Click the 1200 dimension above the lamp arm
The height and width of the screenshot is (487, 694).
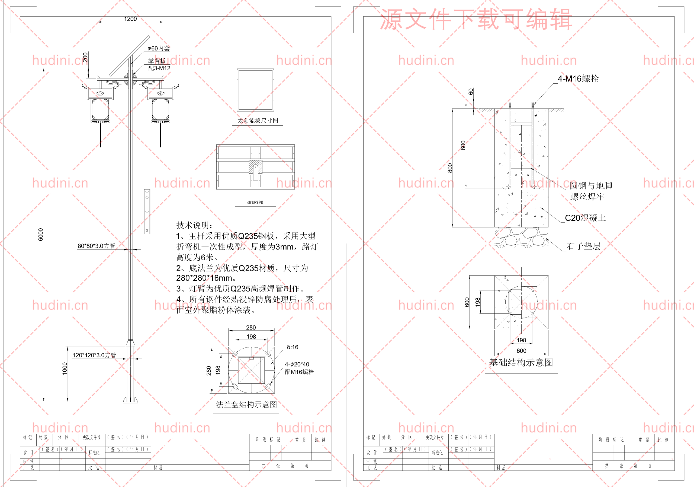[x=130, y=19]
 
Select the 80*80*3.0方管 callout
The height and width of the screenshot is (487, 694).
[x=97, y=246]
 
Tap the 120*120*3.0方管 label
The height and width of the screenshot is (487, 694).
[x=94, y=355]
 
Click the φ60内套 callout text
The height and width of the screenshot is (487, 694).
[x=159, y=48]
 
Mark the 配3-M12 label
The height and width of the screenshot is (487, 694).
[x=159, y=68]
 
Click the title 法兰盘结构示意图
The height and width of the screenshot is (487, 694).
[x=246, y=405]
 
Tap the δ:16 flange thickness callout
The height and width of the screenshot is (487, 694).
[x=293, y=347]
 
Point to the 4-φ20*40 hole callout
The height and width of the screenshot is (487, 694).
[x=297, y=364]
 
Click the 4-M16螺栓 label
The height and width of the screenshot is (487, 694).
[x=578, y=79]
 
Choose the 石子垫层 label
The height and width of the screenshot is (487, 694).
[x=583, y=246]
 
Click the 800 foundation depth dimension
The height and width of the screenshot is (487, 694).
[x=450, y=168]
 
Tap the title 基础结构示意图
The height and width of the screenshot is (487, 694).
[x=521, y=362]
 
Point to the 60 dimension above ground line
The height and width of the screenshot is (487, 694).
[x=471, y=92]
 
